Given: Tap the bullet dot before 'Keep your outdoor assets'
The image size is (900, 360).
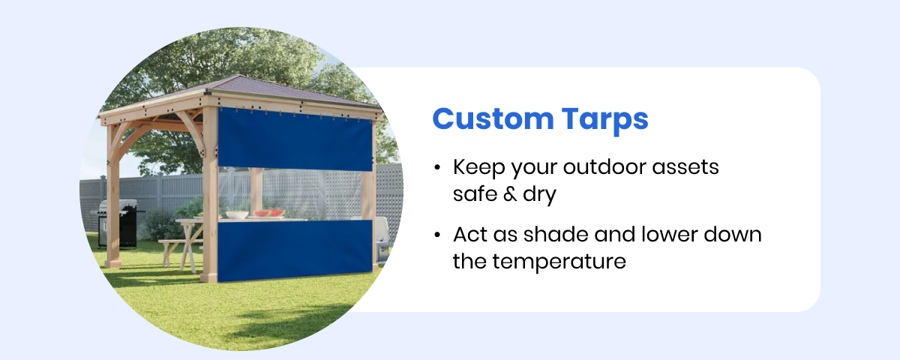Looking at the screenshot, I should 437,168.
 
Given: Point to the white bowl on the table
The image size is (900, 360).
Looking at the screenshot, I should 236,214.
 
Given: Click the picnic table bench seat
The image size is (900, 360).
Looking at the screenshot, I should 174,243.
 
